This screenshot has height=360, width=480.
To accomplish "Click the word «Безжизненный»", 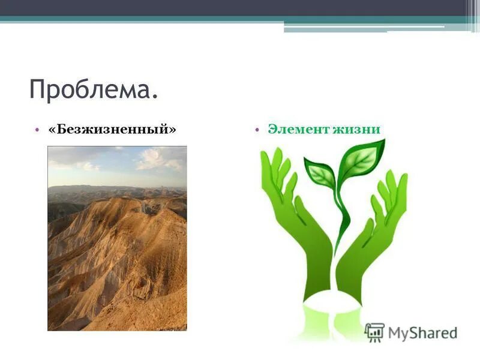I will coord(112,130).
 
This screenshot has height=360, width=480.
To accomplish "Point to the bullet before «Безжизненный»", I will coord(37,130).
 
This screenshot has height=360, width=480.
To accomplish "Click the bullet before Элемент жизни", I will coord(256,130).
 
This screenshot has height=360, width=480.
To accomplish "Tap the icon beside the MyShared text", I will coord(374,332).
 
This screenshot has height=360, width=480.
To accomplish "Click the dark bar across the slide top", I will coord(240,8).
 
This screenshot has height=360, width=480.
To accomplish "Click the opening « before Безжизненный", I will coord(53,130).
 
